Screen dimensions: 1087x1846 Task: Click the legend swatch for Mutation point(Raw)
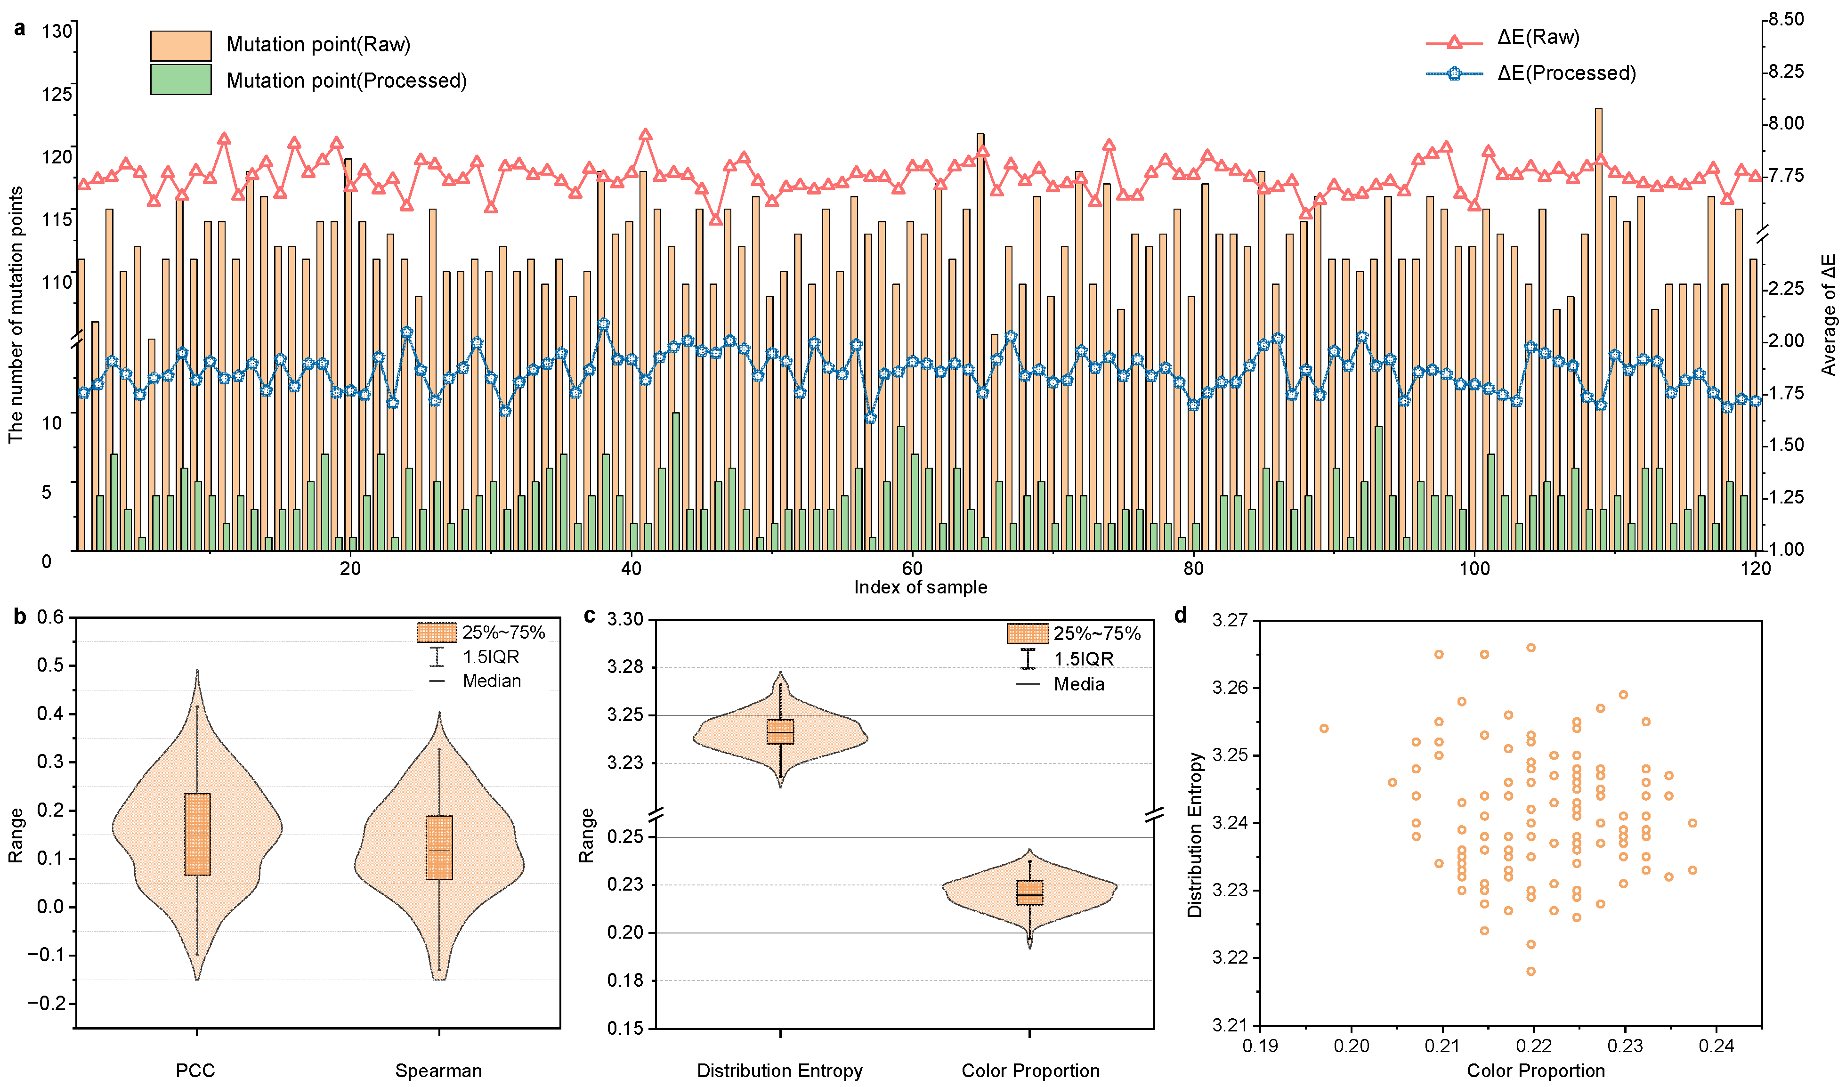point(180,45)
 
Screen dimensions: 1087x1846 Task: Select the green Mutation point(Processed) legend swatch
point(180,80)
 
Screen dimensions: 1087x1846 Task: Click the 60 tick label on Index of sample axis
point(912,568)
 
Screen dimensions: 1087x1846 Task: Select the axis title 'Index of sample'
point(920,587)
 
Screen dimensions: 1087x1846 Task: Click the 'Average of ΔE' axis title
point(1829,315)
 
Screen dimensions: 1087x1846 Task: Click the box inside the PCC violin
point(197,834)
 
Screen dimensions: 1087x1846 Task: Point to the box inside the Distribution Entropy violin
point(780,732)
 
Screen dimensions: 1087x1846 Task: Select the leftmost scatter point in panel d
point(1324,729)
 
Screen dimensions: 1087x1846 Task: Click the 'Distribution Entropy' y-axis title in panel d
point(1195,835)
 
